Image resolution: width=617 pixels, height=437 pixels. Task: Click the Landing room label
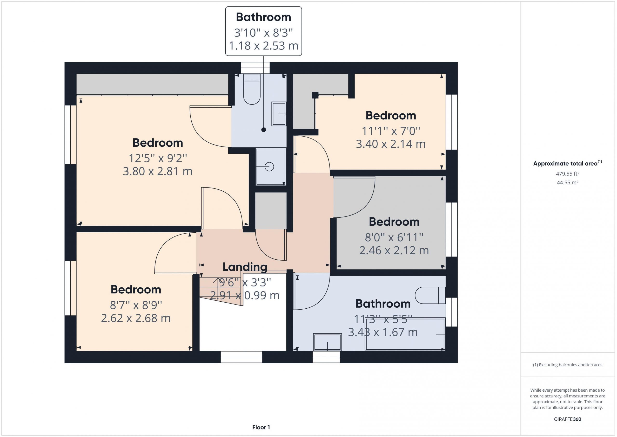pyautogui.click(x=245, y=267)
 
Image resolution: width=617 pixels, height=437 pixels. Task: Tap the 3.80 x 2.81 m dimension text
pyautogui.click(x=158, y=171)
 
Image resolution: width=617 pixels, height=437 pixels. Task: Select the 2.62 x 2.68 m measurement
pyautogui.click(x=136, y=318)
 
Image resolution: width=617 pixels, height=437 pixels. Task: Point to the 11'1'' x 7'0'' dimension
pyautogui.click(x=391, y=131)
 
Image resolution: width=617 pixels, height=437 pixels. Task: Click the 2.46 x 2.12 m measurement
pyautogui.click(x=394, y=250)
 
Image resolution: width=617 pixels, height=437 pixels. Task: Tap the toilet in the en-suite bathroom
pyautogui.click(x=252, y=89)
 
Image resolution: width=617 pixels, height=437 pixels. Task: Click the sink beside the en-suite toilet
pyautogui.click(x=279, y=114)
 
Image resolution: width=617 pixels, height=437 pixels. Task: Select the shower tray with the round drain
pyautogui.click(x=271, y=166)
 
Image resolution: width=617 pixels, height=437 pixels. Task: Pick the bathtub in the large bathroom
pyautogui.click(x=405, y=334)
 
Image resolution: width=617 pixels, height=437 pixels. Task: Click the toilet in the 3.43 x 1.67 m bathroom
pyautogui.click(x=430, y=295)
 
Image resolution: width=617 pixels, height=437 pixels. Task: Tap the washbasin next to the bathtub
pyautogui.click(x=327, y=342)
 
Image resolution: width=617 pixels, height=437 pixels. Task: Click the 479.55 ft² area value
pyautogui.click(x=568, y=174)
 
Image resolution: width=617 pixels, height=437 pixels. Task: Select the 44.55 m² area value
pyautogui.click(x=568, y=182)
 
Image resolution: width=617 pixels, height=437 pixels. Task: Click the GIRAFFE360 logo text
pyautogui.click(x=568, y=419)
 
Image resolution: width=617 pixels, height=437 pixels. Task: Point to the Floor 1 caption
pyautogui.click(x=261, y=427)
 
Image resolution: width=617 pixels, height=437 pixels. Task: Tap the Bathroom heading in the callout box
pyautogui.click(x=263, y=17)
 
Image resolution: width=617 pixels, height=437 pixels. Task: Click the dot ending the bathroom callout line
pyautogui.click(x=264, y=130)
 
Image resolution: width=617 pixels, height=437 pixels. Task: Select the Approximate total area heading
pyautogui.click(x=568, y=163)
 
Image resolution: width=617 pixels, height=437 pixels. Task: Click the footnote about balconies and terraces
pyautogui.click(x=568, y=365)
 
